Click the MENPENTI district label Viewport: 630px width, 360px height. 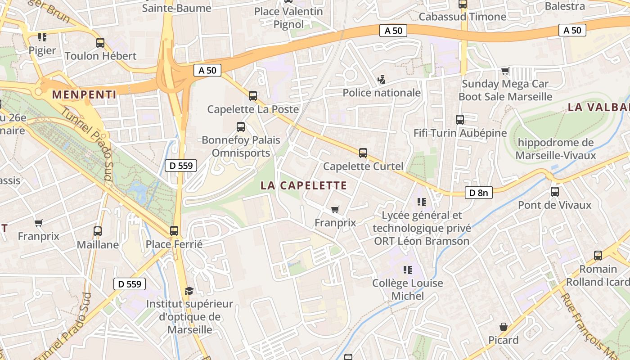pos(84,94)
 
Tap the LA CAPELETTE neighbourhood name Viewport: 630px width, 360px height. pos(304,185)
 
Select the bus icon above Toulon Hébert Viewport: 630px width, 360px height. pos(100,43)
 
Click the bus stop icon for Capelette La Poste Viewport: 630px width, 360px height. pos(253,95)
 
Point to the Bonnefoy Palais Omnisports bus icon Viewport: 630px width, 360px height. pos(241,127)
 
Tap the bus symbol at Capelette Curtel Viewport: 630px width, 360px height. pos(363,153)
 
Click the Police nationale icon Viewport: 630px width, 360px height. pos(382,80)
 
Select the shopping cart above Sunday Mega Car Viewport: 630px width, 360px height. pos(505,71)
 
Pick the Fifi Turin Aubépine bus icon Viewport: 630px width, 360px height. pos(460,120)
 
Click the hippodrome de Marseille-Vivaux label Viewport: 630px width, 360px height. pos(556,149)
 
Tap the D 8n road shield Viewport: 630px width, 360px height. pos(478,193)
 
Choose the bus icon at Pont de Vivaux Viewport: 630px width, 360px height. pos(555,192)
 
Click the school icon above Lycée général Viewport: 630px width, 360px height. pos(422,202)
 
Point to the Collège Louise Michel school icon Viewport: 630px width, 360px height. pos(408,270)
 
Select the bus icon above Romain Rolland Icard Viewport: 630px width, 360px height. pos(598,256)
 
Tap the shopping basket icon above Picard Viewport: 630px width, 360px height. pos(504,327)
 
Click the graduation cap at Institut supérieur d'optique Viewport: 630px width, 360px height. pos(189,291)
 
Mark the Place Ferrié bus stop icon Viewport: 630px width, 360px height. pos(174,231)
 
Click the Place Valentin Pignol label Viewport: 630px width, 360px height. pos(288,18)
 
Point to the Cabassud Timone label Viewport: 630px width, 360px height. pos(463,17)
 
